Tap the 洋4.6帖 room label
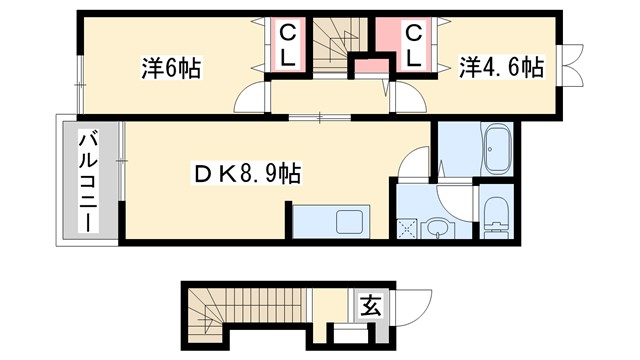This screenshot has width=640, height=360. click(x=501, y=68)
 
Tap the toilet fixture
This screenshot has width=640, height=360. click(x=495, y=214)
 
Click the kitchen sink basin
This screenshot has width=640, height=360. click(x=351, y=222)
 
